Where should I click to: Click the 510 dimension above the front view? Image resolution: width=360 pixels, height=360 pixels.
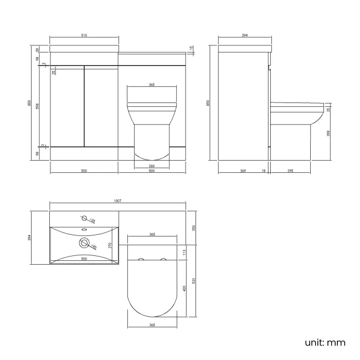click(84, 35)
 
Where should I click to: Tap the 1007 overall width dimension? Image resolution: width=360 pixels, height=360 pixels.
click(117, 201)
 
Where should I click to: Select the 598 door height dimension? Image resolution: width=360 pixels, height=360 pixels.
click(38, 105)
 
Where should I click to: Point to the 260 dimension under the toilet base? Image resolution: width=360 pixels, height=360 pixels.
click(152, 166)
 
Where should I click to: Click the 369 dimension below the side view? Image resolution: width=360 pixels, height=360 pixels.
click(243, 171)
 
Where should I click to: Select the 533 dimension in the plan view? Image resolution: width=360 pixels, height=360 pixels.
click(193, 281)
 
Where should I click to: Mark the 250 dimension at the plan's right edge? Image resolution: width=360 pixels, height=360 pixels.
click(193, 228)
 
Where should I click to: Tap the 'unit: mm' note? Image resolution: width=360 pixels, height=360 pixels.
click(325, 342)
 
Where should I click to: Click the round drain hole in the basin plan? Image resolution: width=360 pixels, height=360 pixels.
click(84, 242)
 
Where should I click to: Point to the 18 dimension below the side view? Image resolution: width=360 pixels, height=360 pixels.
click(263, 171)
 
